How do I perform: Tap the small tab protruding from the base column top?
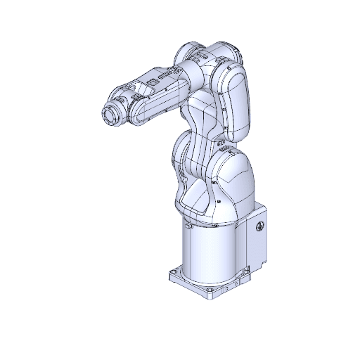[188, 226]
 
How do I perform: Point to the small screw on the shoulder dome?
[220, 202]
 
